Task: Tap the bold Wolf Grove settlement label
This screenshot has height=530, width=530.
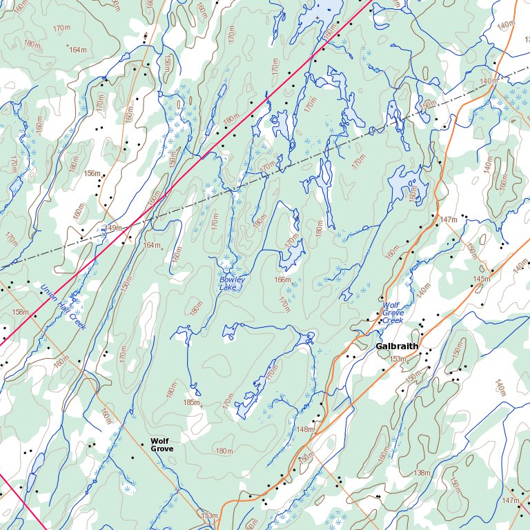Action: pos(161,444)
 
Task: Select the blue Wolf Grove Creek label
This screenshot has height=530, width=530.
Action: pos(392,313)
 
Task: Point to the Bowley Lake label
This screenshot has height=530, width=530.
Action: pos(231,283)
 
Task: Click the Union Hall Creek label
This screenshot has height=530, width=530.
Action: pos(62,307)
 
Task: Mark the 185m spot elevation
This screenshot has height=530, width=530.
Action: pos(191,402)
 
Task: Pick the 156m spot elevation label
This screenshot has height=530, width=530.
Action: pos(92,173)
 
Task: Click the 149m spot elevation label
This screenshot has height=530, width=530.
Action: pos(112,228)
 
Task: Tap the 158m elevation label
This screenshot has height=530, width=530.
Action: pos(21,313)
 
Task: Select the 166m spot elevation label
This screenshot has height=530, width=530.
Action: pos(283,279)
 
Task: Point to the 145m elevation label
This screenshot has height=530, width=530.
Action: pos(481,279)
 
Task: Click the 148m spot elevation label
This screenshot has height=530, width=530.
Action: pos(304,429)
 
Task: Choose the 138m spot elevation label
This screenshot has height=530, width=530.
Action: pos(422,473)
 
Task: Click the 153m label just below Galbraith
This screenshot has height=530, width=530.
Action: pos(397,359)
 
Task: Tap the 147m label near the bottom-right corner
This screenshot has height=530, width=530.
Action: pos(511,500)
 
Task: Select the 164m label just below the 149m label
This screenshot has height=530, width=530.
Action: pos(151,245)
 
